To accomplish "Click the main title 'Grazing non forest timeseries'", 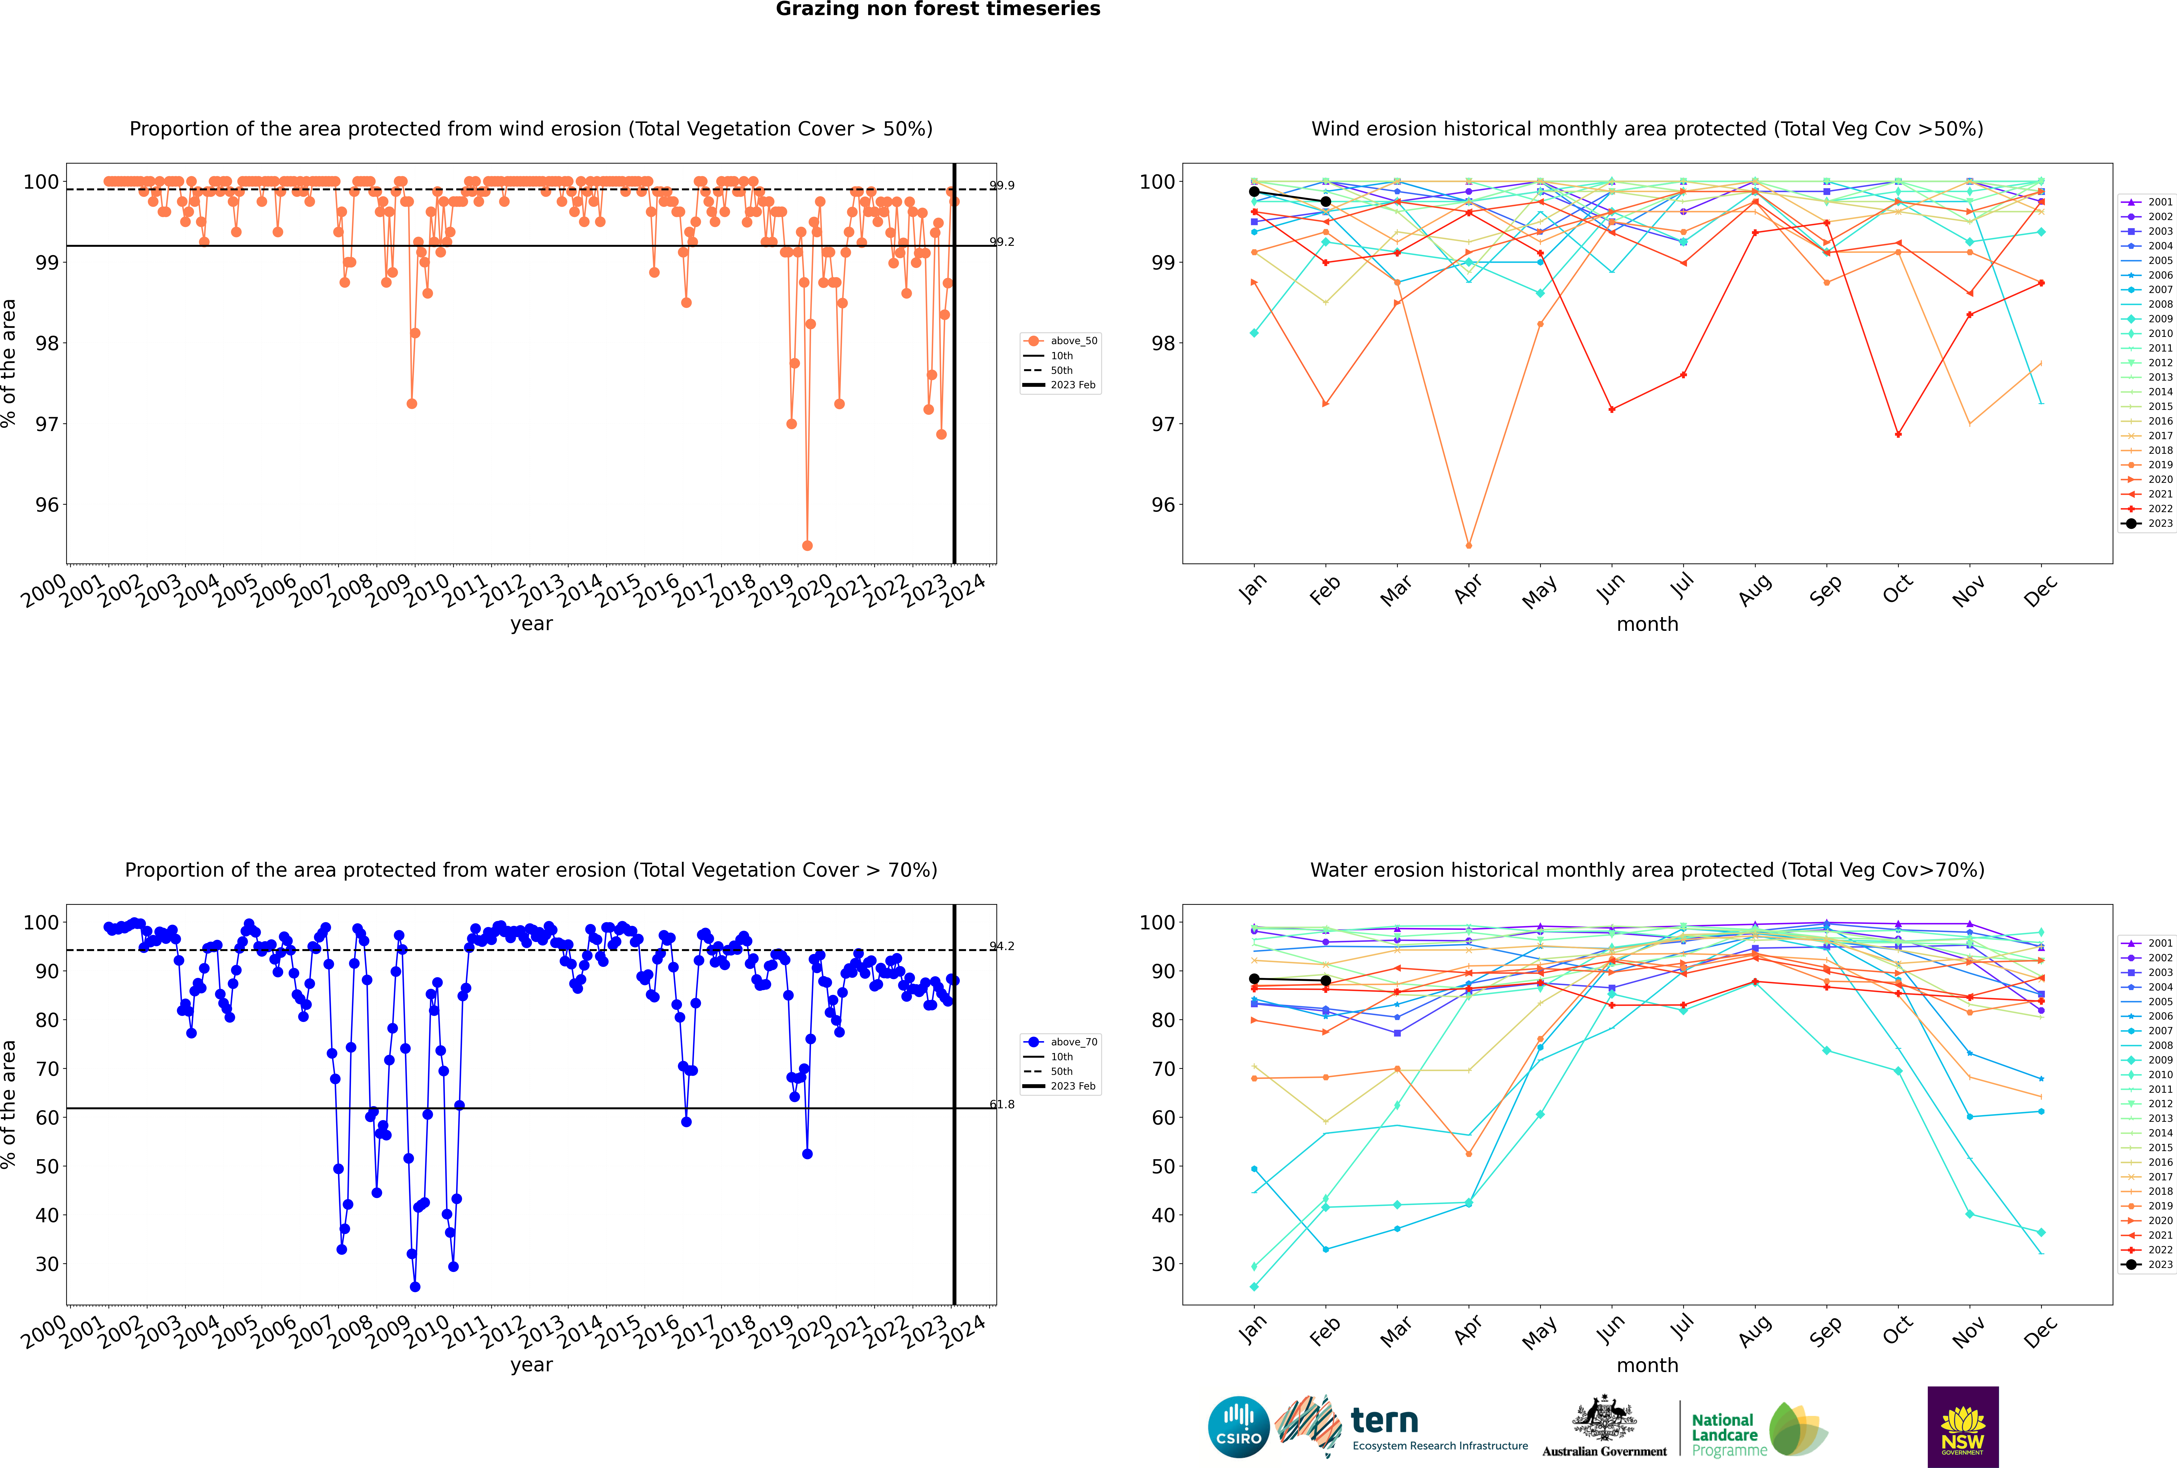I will click(938, 9).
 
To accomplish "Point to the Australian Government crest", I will click(1604, 1421).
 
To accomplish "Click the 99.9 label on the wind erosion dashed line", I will click(1002, 185).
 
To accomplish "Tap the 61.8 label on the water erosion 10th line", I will click(1002, 1105).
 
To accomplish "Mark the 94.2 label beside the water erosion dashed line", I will click(1002, 947).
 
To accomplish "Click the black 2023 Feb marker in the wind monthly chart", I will click(1325, 201).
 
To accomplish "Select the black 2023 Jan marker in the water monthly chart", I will click(1254, 979).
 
